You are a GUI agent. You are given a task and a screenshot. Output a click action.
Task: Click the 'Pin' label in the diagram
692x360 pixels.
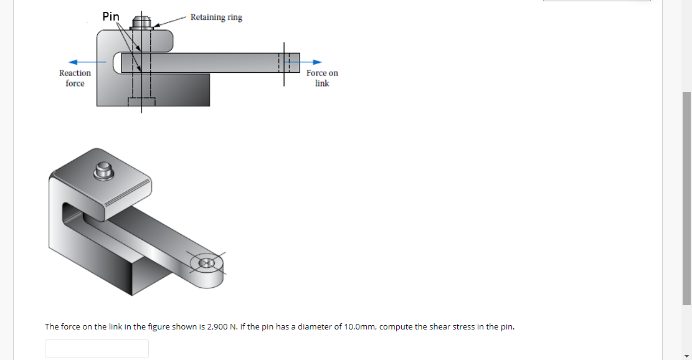click(111, 17)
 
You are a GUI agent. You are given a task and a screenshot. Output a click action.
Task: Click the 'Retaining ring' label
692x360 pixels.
click(216, 17)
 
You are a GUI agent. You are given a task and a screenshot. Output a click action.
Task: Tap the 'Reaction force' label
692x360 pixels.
click(75, 78)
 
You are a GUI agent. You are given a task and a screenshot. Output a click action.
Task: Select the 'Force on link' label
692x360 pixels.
click(322, 78)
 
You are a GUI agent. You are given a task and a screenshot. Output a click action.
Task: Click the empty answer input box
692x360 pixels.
click(97, 348)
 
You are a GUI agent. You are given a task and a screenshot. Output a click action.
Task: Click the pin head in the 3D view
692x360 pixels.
click(103, 171)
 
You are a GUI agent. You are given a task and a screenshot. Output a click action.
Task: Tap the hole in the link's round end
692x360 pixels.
click(206, 264)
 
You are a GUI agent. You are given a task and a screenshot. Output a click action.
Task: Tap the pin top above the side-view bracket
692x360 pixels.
click(141, 24)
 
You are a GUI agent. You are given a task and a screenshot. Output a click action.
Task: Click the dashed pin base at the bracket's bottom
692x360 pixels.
click(141, 102)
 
